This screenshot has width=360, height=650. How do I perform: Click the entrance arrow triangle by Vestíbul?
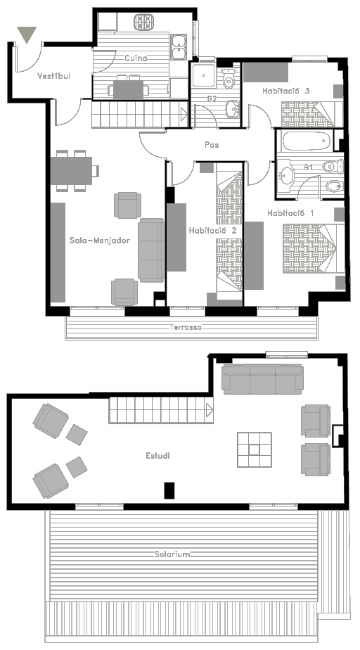pos(27,34)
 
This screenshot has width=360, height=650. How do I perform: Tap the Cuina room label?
pos(136,58)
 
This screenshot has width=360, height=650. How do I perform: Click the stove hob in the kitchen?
pos(143,22)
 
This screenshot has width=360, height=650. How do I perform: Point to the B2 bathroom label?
pos(212,98)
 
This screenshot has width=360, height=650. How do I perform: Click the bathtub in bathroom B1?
pos(307,141)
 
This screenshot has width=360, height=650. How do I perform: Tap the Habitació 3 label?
pos(286,91)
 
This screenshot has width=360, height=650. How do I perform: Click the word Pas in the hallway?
pos(212,145)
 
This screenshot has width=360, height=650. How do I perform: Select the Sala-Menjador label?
pos(99,241)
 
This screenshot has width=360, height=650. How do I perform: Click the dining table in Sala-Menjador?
pos(71,171)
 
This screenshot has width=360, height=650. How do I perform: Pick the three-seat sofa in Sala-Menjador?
pos(151,250)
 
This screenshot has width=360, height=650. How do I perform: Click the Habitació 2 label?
pos(212,231)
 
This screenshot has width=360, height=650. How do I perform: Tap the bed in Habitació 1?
pos(314,249)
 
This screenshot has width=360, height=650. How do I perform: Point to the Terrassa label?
pos(186,327)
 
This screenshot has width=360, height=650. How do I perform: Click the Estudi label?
pos(157,456)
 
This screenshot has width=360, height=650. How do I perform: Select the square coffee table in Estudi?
pos(255,450)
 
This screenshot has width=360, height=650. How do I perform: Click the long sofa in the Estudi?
pos(263,379)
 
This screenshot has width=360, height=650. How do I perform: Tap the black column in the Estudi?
pos(169,490)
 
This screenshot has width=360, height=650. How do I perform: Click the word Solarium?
pos(172,554)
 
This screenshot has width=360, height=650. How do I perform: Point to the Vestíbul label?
pos(54,76)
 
